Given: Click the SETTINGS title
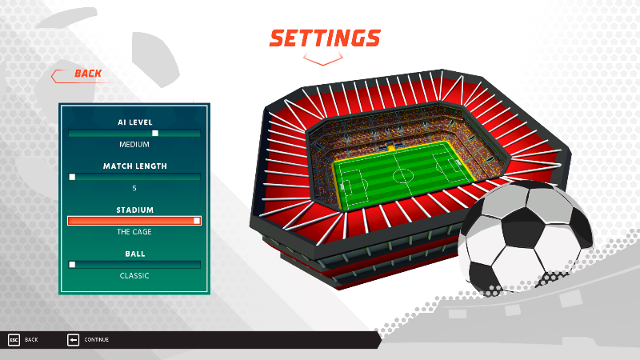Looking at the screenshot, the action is click(x=325, y=38).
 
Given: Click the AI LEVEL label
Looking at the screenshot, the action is click(x=134, y=122).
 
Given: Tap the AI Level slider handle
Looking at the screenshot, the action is click(x=155, y=133).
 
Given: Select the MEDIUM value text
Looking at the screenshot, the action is click(x=134, y=145).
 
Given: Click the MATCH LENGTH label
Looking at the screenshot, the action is click(x=134, y=166).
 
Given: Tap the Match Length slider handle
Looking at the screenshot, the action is click(x=72, y=177).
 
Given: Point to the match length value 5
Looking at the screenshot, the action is click(x=134, y=188).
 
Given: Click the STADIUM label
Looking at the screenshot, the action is click(x=134, y=210).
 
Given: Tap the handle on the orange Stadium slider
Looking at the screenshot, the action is click(x=197, y=221).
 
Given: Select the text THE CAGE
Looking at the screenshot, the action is click(x=134, y=232).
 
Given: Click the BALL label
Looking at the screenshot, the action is click(x=135, y=254).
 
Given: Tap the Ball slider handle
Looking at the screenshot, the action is click(x=72, y=265).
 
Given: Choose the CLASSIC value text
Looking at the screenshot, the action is click(x=134, y=276).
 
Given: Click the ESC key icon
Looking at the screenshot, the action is click(x=14, y=339).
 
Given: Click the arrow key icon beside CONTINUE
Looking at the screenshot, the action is click(x=73, y=339).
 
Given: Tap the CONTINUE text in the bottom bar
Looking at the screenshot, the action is click(x=96, y=339).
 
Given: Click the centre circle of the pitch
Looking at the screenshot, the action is click(x=403, y=176).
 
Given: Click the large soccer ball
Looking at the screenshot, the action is click(x=526, y=238).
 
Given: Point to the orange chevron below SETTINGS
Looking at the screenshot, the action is click(x=323, y=60).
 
